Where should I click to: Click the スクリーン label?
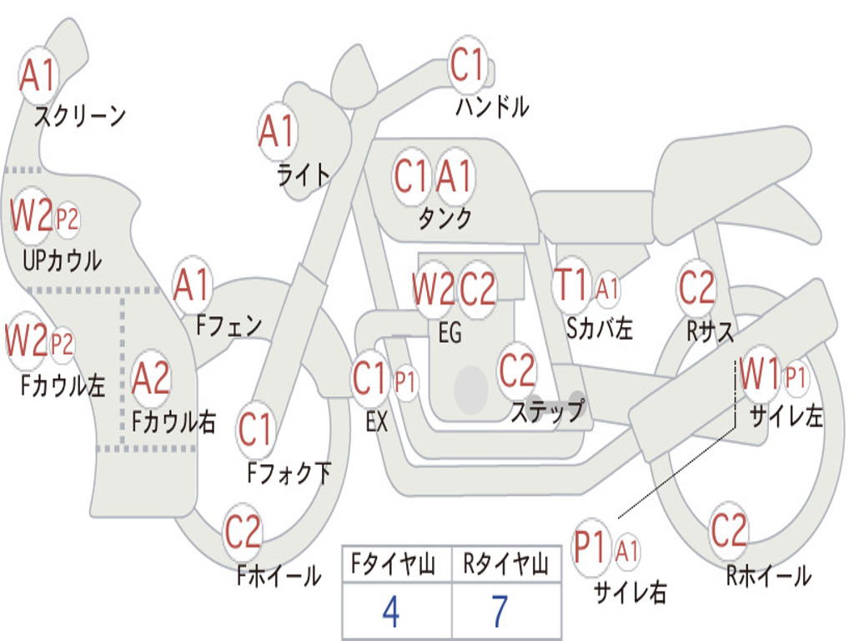(80, 115)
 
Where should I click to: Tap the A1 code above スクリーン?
(37, 75)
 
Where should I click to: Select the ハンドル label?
(492, 106)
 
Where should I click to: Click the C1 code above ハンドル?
(467, 64)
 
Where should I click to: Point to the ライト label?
(304, 175)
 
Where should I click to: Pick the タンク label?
(445, 218)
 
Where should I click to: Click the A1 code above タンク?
(453, 176)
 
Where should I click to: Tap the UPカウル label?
(62, 260)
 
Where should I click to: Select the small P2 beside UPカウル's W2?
(68, 220)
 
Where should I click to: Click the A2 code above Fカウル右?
(151, 378)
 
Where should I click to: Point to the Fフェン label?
(229, 326)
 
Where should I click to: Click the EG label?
(450, 332)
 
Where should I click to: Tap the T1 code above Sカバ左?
(571, 285)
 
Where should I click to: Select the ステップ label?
(547, 410)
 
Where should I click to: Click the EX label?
(377, 421)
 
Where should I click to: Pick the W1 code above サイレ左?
(760, 374)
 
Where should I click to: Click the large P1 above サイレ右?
(590, 547)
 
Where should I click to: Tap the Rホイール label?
(769, 576)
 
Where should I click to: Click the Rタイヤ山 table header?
(506, 564)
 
